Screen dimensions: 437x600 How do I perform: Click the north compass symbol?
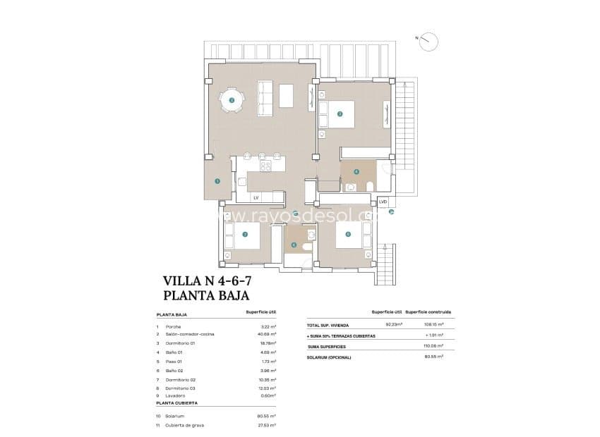[x=428, y=42]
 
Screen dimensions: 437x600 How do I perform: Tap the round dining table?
[x=232, y=101]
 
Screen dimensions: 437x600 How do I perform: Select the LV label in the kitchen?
[x=256, y=198]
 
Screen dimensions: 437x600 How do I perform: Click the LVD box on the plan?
[x=383, y=202]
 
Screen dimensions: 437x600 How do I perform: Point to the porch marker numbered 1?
[x=217, y=181]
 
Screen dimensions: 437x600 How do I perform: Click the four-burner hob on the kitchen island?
[x=266, y=166]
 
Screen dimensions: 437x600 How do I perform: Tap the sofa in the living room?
[x=265, y=99]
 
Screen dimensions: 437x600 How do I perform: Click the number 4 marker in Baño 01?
[x=356, y=171]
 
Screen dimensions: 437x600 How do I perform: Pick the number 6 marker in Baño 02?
[x=294, y=245]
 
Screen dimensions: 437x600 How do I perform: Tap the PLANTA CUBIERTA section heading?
[x=176, y=402]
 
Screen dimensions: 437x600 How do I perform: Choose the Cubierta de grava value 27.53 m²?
[x=267, y=425]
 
